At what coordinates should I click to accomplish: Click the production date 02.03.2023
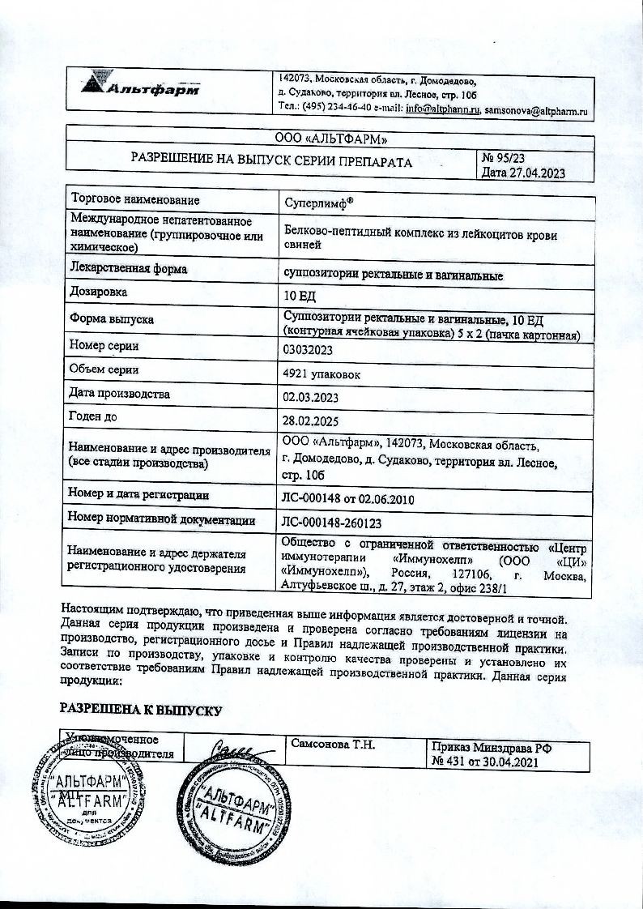[x=310, y=398]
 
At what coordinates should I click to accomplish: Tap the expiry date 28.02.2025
[x=310, y=422]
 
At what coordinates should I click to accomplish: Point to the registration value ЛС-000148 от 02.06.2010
[x=347, y=499]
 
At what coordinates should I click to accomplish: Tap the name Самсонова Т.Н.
[x=330, y=745]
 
